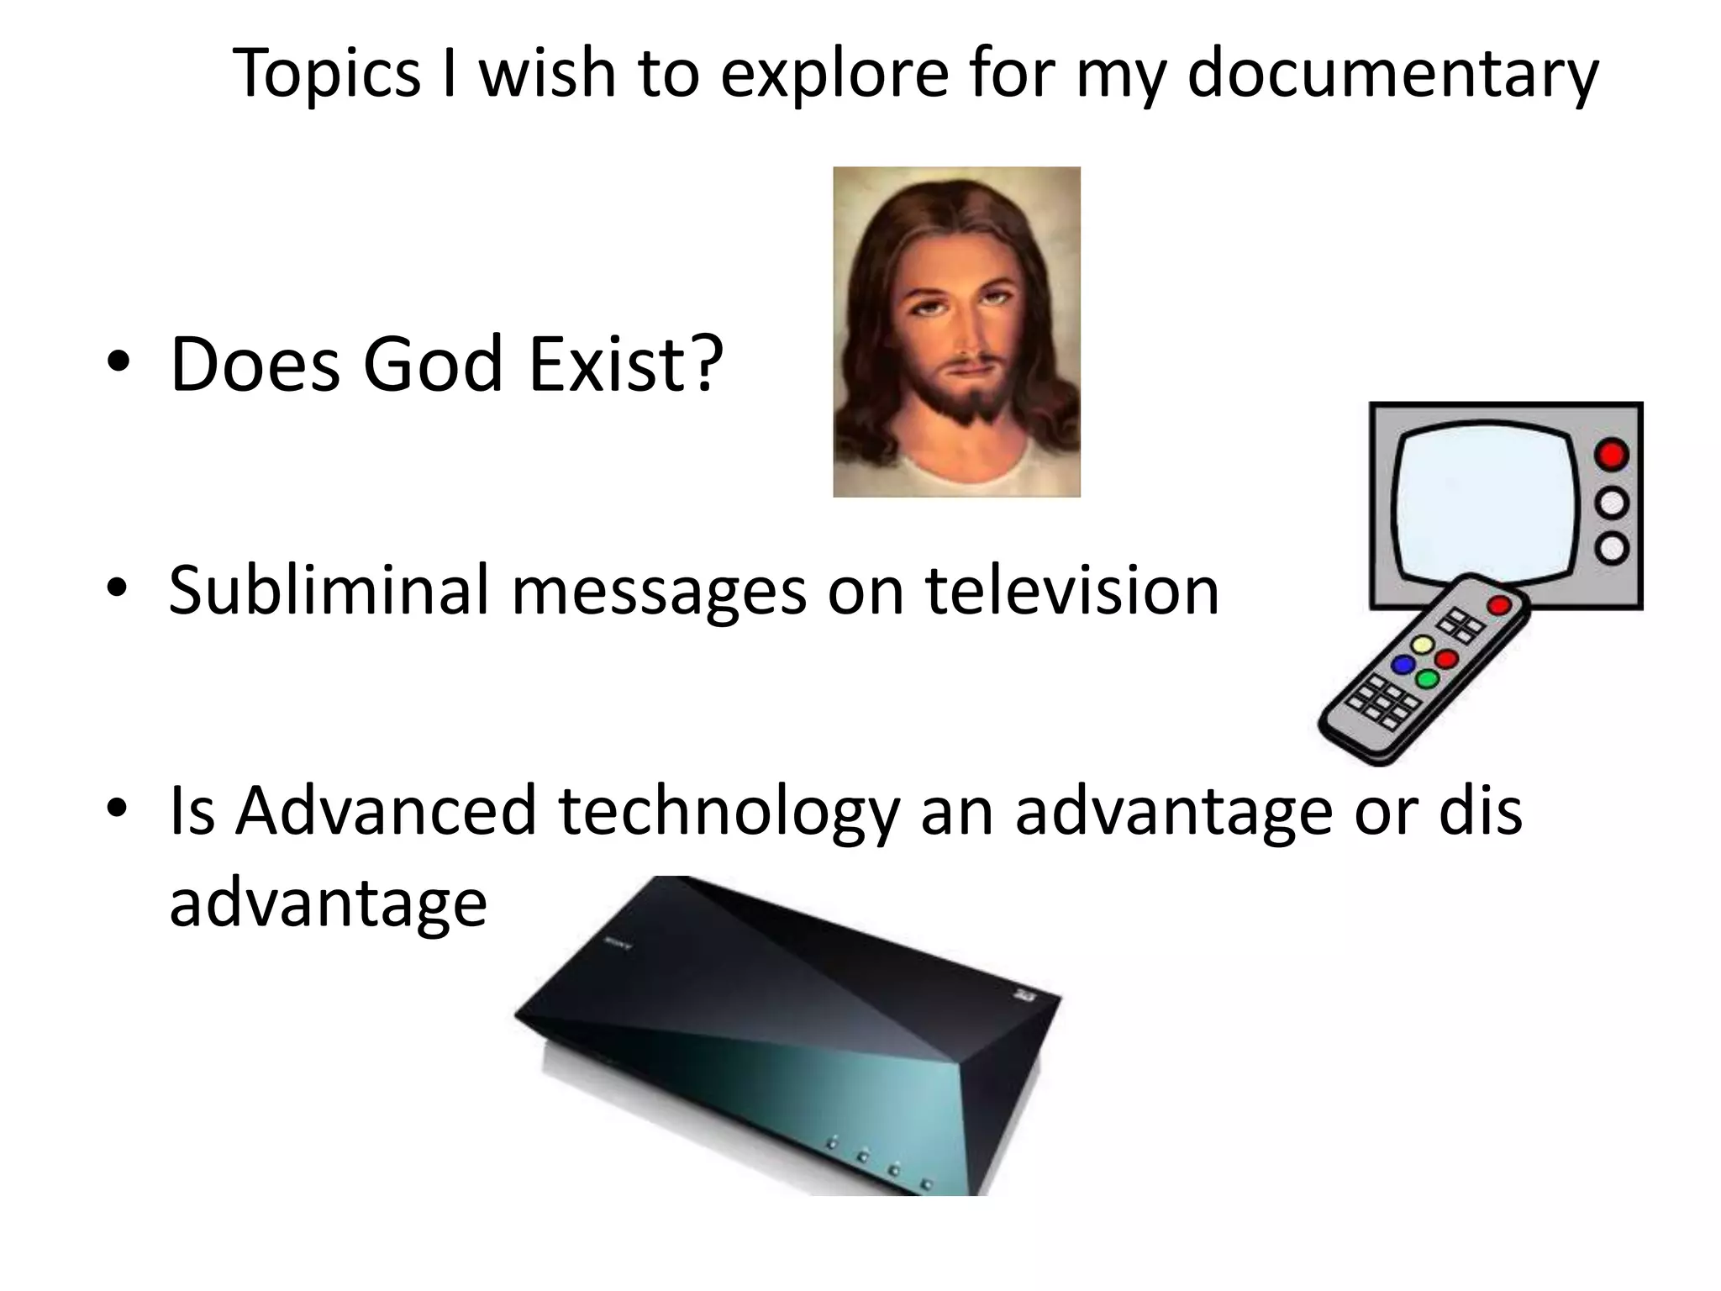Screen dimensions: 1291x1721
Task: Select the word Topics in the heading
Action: pos(326,74)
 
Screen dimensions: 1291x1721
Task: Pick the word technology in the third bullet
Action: pos(728,812)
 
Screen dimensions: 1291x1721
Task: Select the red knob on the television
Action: pos(1611,455)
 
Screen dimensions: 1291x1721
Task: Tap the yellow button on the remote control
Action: pos(1422,645)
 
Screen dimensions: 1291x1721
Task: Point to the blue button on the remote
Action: pos(1403,664)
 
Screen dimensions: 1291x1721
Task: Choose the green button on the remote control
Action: pos(1427,678)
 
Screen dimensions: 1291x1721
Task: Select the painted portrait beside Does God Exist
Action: pos(956,332)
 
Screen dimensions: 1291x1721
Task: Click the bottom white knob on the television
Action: pos(1611,548)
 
